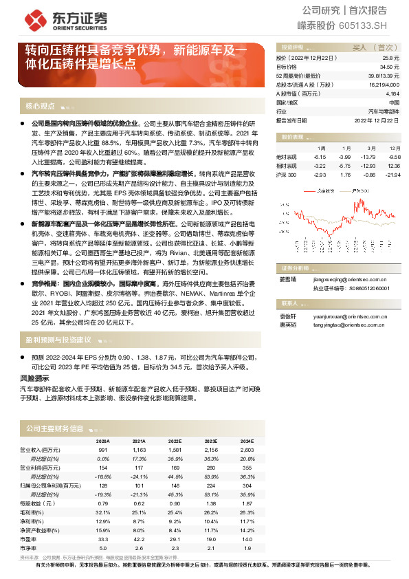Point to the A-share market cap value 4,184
point(392,93)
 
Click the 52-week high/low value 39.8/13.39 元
point(382,76)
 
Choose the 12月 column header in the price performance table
point(394,148)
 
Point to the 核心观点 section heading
point(39,106)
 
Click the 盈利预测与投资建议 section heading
point(58,340)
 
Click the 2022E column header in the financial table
point(175,441)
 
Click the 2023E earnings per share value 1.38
point(211,504)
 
